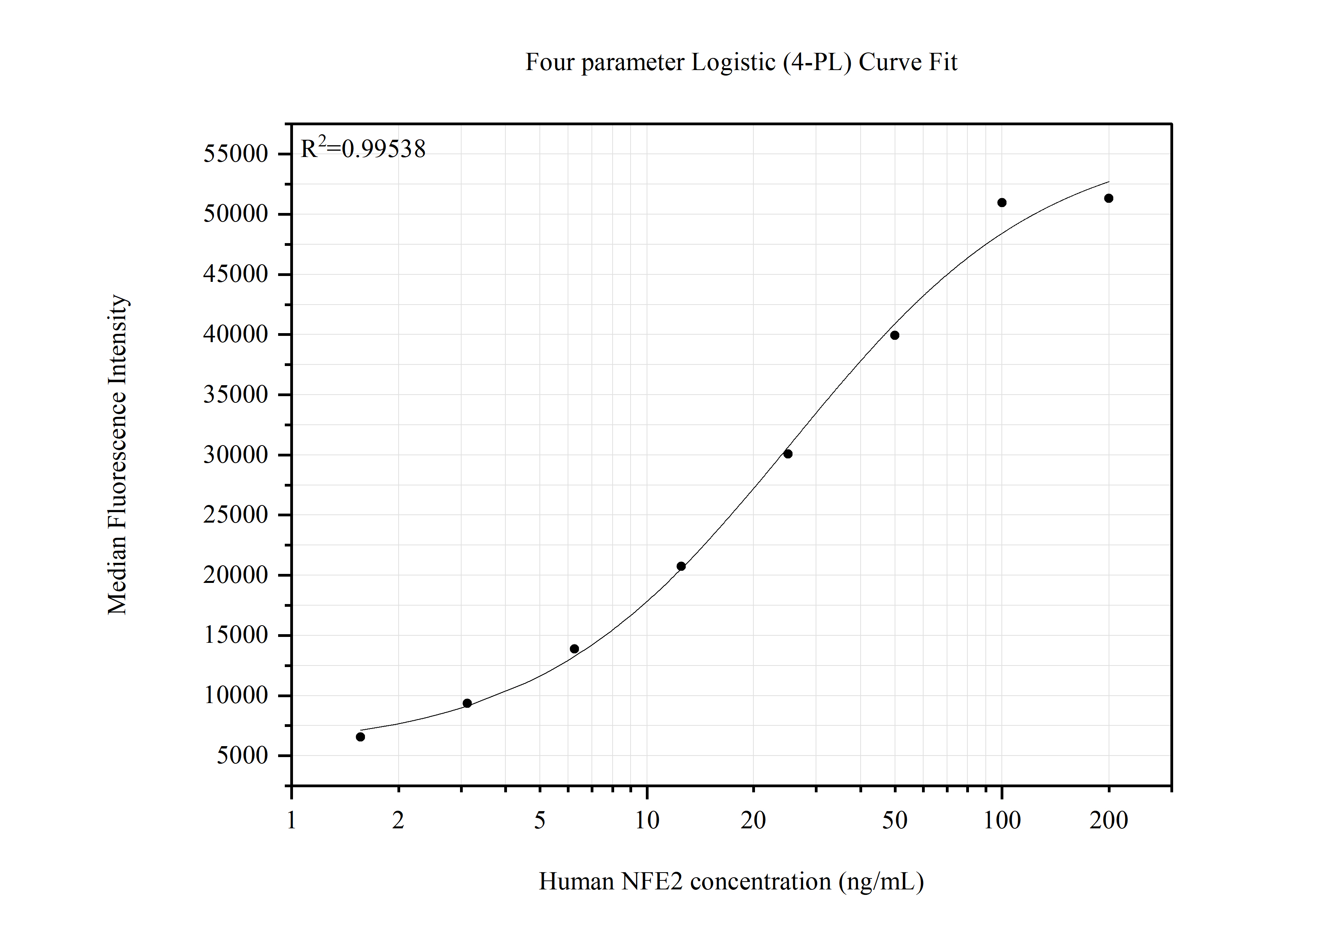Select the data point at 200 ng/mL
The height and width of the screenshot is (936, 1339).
1109,198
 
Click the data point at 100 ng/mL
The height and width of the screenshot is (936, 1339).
1002,202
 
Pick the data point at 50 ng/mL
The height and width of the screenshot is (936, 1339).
895,335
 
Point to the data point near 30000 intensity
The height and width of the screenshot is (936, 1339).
788,453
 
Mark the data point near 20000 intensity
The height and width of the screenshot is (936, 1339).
681,566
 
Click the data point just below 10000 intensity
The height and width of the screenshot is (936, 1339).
467,703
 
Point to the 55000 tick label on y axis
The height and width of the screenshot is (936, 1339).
235,154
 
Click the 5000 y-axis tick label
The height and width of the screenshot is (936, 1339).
243,756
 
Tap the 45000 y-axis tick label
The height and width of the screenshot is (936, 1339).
235,274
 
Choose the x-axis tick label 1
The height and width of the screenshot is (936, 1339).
291,821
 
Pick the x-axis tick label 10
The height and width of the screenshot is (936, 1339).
647,821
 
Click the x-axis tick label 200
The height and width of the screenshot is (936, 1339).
1109,821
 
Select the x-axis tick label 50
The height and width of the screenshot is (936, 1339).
895,821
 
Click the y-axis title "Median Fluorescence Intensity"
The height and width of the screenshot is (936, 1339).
117,454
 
